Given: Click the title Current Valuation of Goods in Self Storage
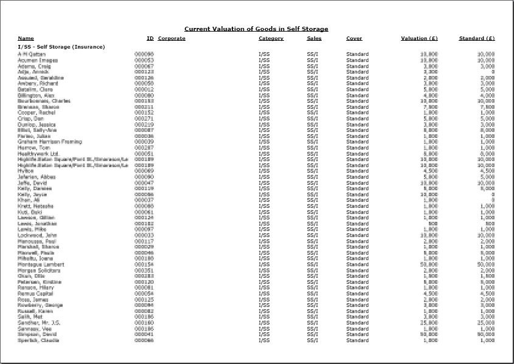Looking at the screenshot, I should point(256,29).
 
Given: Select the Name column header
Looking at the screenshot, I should point(26,38).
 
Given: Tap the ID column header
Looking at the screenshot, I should point(150,38).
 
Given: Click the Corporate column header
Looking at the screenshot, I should point(172,38).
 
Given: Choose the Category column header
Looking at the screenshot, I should point(271,38).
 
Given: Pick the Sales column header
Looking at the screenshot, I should point(314,38).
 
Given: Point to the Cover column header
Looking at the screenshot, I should point(354,38).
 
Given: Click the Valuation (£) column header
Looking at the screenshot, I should point(419,38).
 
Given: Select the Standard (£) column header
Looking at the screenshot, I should point(476,38).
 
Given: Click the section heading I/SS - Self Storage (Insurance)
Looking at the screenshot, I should point(61,47).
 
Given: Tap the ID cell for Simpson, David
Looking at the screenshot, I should point(144,334).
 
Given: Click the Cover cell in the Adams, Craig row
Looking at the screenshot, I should point(357,66).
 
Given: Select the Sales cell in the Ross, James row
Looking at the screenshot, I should point(313,300).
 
